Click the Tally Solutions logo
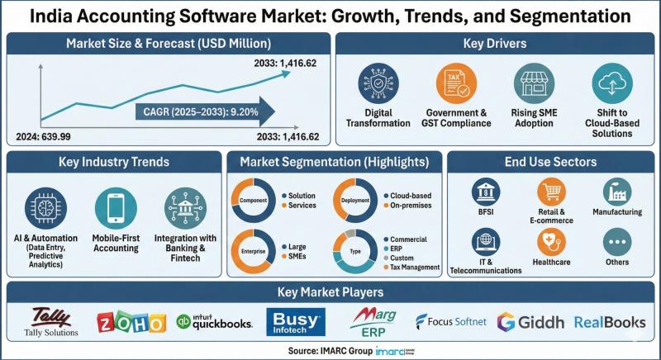55,321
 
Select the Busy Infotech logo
296,321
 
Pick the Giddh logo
530,322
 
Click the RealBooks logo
609,322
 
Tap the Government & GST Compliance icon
457,84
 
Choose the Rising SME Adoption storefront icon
534,84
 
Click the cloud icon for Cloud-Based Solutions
612,84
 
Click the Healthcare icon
551,242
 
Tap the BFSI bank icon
485,192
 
